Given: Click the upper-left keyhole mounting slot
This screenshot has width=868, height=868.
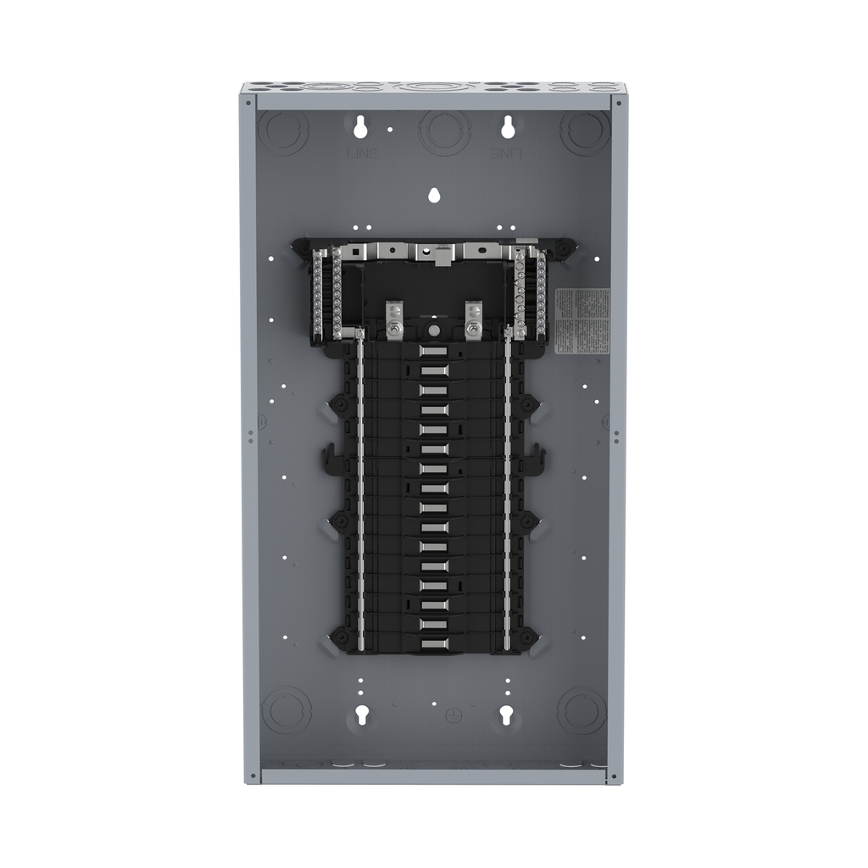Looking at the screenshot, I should tap(360, 127).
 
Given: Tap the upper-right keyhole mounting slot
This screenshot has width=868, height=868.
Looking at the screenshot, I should tap(508, 127).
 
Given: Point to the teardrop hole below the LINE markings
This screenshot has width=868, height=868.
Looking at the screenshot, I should tap(434, 195).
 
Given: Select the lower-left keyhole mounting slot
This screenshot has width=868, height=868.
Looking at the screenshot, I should tap(360, 715).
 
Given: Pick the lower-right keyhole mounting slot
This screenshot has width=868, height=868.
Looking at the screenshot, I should tap(507, 715).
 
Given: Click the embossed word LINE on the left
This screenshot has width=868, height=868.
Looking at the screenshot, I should tap(362, 153).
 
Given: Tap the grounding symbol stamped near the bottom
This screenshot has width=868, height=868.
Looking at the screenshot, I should tap(453, 715).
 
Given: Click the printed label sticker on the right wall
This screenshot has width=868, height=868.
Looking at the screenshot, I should tap(581, 320).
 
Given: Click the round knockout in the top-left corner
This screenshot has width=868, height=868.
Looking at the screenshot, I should tap(283, 131).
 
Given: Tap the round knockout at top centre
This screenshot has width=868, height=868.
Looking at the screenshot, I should tap(444, 131).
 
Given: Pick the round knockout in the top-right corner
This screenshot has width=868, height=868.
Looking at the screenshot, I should tap(585, 131).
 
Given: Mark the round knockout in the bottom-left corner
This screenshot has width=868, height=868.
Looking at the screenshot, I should tap(286, 709).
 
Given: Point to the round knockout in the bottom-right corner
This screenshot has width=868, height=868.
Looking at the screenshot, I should tap(581, 709).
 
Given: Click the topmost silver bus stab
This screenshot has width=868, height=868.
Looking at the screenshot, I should tap(433, 351).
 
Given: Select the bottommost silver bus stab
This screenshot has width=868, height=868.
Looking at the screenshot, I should tap(433, 643).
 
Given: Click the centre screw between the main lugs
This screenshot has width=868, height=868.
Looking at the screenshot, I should tap(433, 328).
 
